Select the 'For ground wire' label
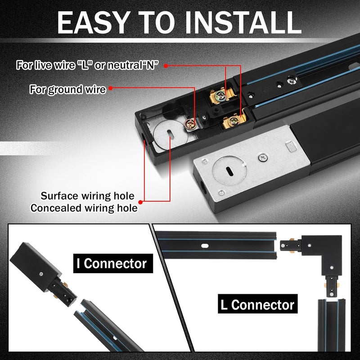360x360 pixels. [x=67, y=89]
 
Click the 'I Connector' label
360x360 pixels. [x=111, y=262]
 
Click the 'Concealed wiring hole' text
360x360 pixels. [x=84, y=207]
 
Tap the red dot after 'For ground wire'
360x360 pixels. [x=110, y=89]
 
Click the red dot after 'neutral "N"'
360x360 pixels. [x=166, y=65]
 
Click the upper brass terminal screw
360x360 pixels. [x=220, y=95]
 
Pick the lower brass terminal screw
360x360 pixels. [x=233, y=121]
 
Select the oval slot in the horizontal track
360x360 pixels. [x=205, y=246]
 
